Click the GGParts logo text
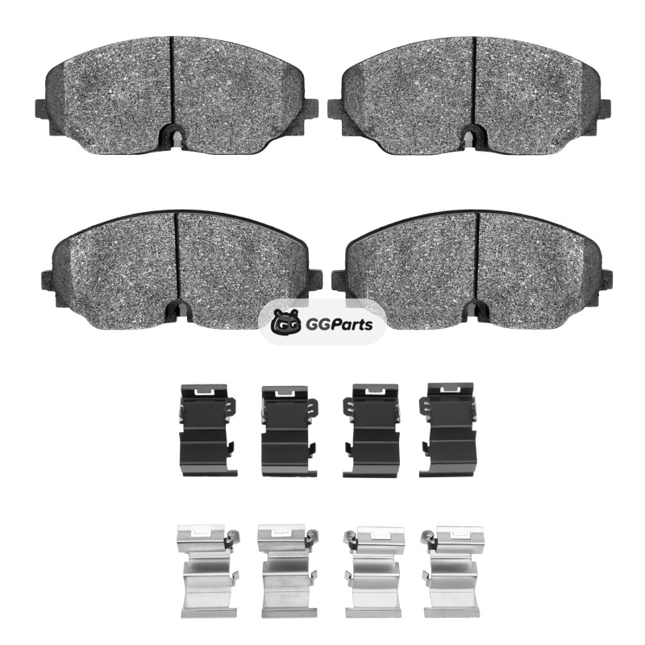coord(339,325)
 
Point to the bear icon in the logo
coord(288,322)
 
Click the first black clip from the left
coord(208,430)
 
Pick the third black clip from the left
coord(372,431)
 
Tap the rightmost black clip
coord(447,430)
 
